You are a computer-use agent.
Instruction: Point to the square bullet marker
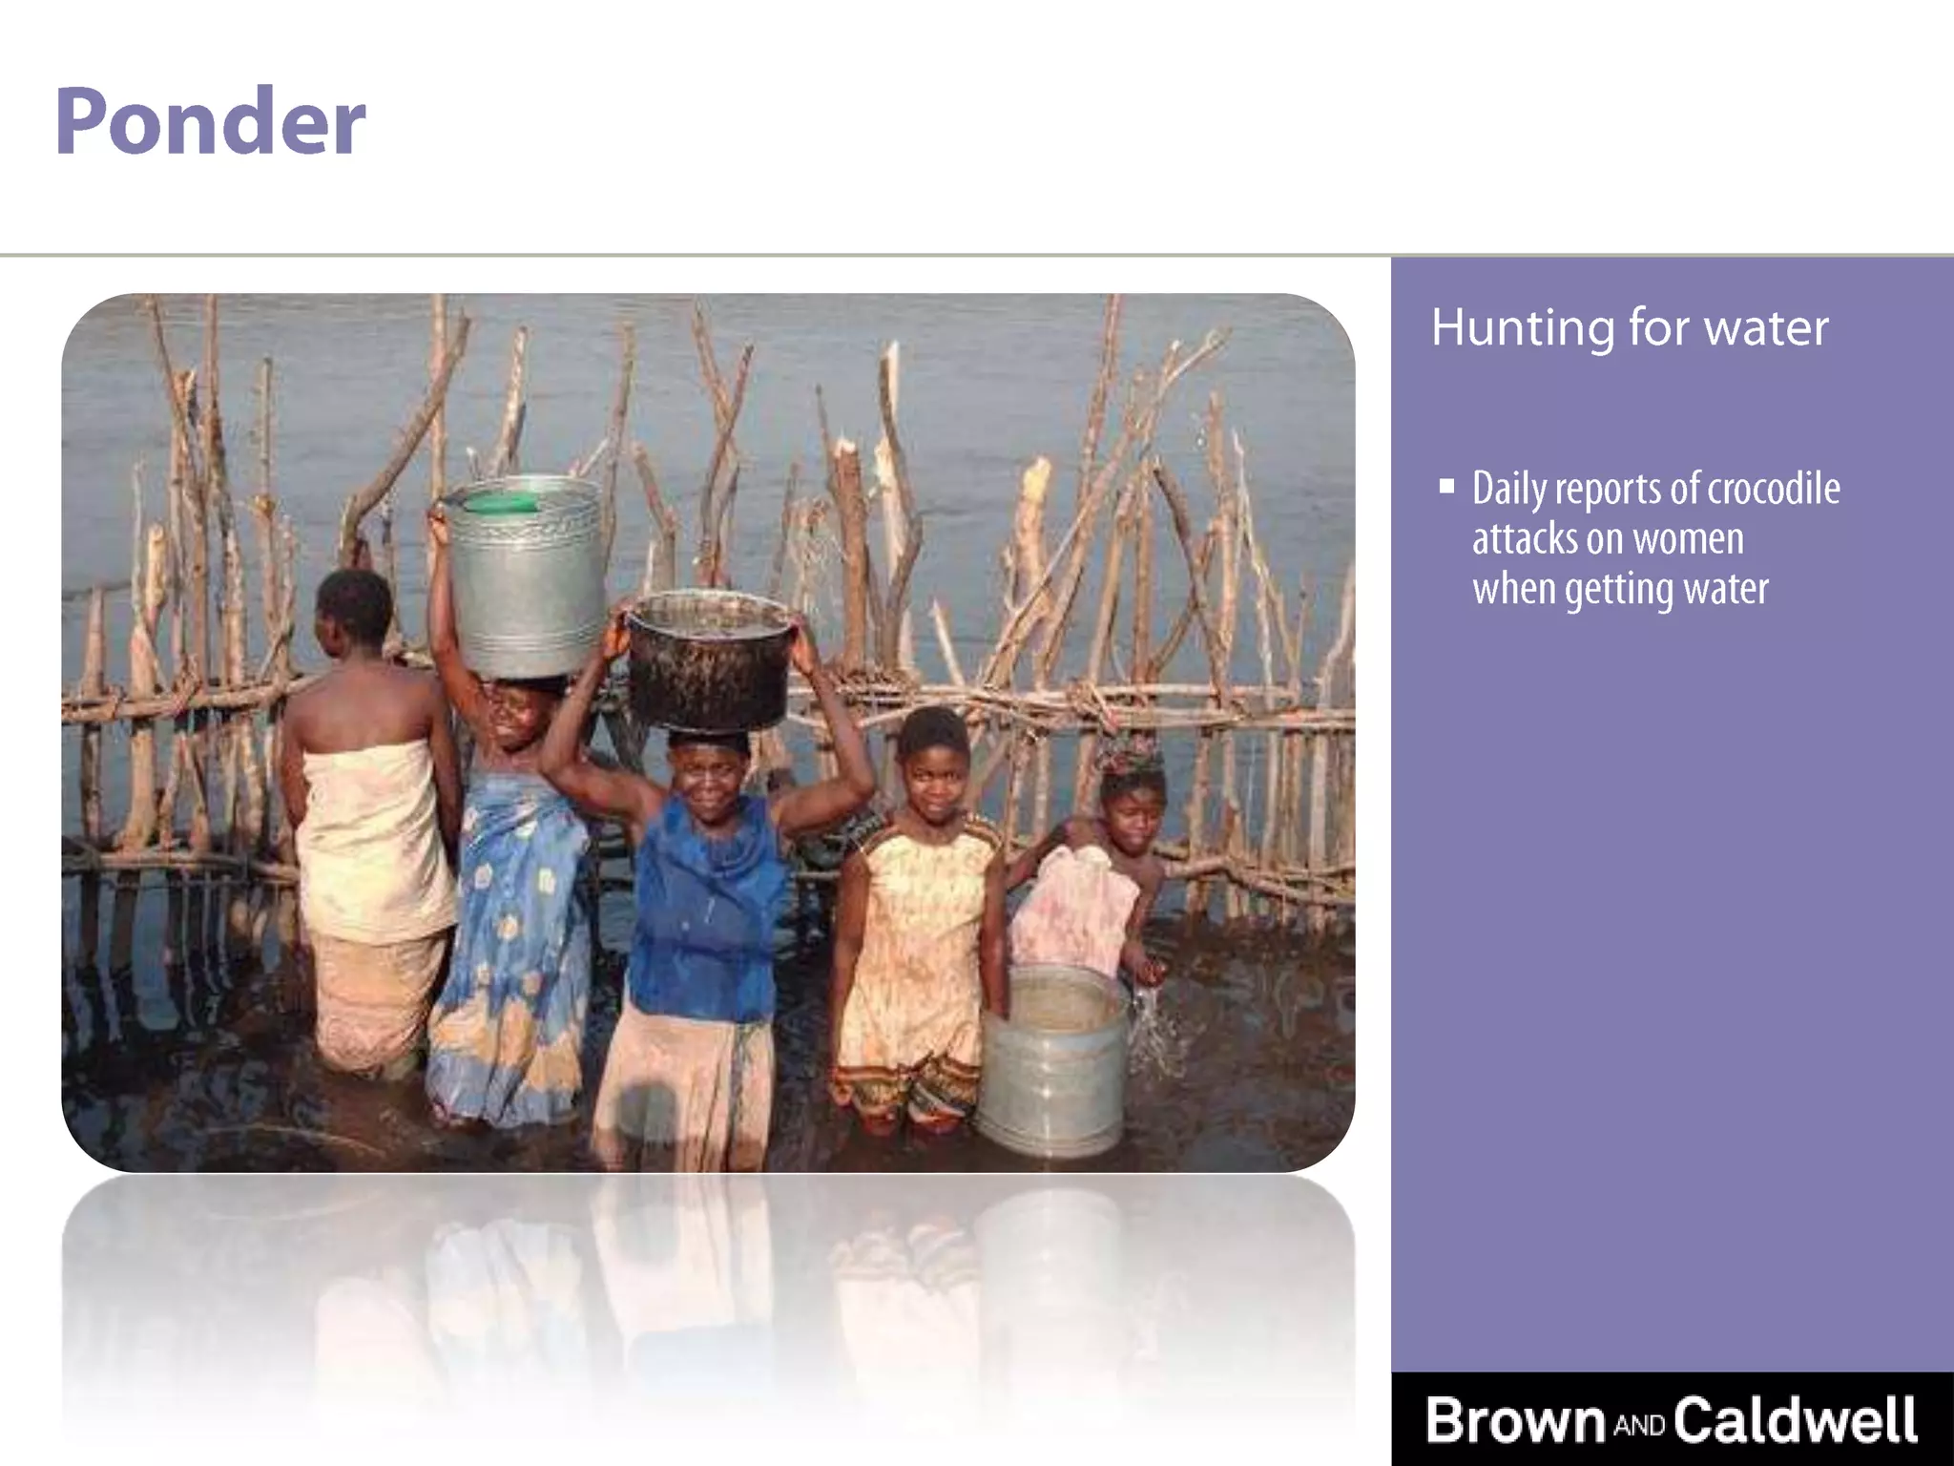[1447, 487]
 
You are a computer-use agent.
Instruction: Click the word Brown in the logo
[1515, 1419]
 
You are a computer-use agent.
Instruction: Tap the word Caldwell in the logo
[1795, 1419]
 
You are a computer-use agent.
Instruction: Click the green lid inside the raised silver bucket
[501, 502]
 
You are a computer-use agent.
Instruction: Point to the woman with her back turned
[367, 811]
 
